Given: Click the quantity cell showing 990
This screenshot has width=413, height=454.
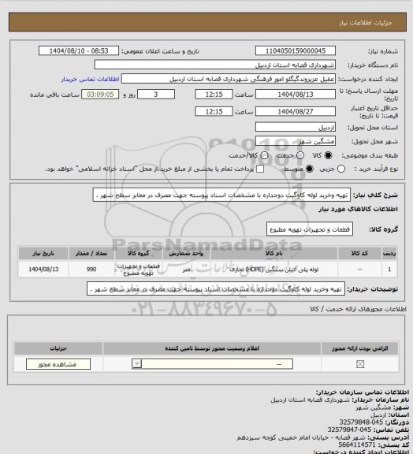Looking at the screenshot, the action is (91, 270).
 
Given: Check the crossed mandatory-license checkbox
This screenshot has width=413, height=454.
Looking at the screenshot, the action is (360, 364).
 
